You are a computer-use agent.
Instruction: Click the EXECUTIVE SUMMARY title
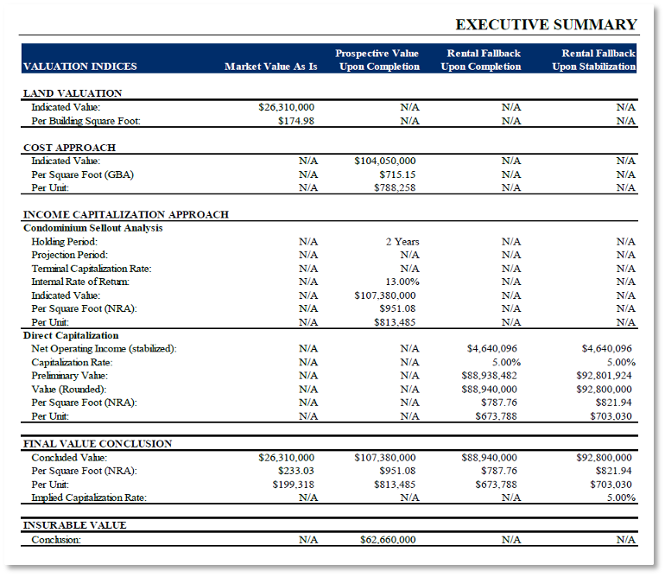(546, 24)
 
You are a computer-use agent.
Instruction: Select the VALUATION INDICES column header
(79, 67)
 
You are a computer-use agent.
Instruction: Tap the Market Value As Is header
(271, 67)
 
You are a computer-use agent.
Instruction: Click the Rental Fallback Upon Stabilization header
(593, 60)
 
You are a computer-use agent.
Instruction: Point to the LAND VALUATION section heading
(73, 93)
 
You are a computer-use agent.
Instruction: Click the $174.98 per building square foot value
(296, 121)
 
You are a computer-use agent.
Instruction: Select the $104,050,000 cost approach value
(385, 161)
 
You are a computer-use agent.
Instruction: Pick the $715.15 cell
(398, 174)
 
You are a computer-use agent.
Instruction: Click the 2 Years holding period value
(402, 242)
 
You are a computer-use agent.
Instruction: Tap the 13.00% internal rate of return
(402, 282)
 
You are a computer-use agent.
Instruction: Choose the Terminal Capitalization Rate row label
(91, 269)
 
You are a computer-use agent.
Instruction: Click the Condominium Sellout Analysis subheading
(92, 228)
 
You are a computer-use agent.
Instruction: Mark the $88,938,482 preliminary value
(489, 376)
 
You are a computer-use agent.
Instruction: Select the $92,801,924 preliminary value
(604, 376)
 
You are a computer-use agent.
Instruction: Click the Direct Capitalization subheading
(71, 335)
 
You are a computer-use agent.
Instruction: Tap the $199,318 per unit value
(294, 485)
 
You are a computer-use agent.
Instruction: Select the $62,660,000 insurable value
(388, 540)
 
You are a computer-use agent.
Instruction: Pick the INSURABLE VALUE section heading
(74, 525)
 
